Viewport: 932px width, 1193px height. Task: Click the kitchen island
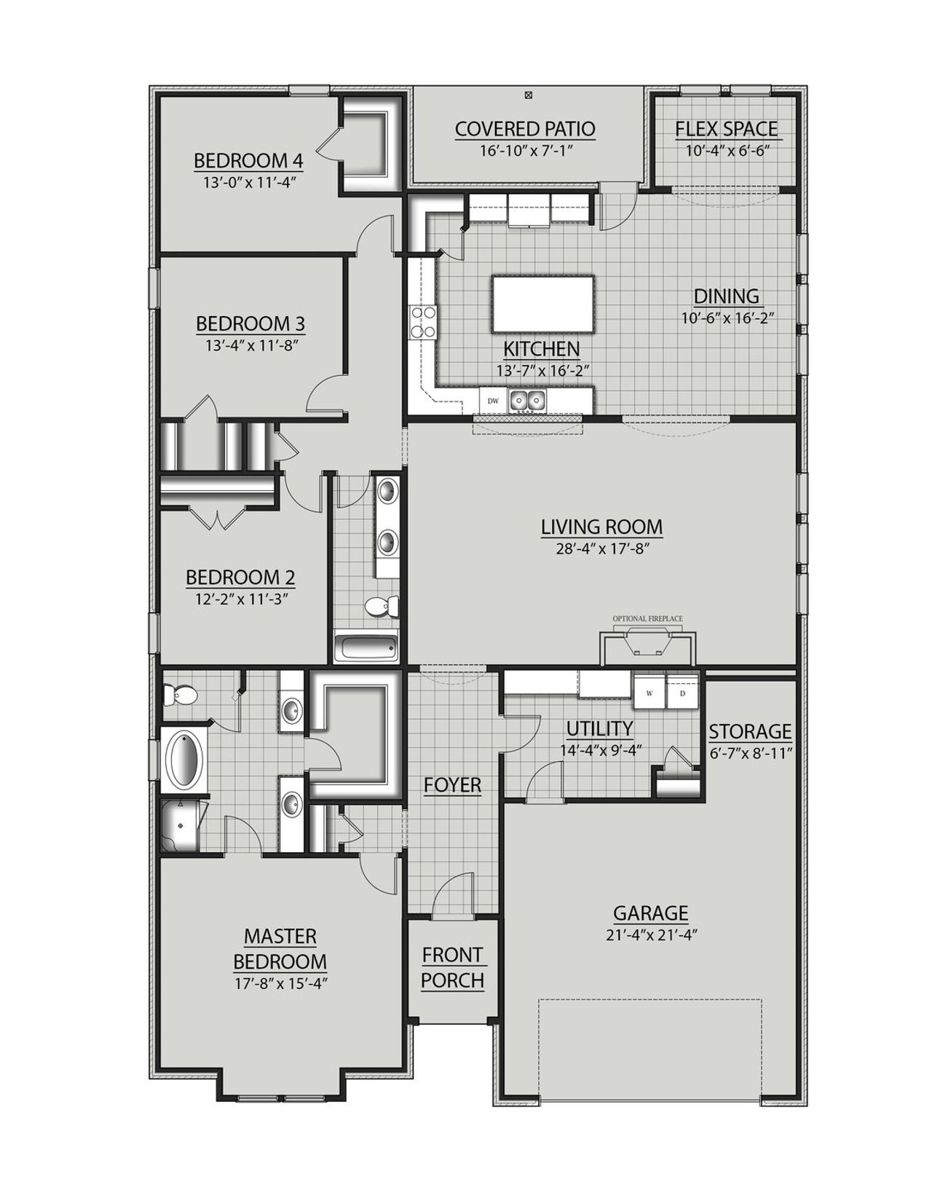[543, 303]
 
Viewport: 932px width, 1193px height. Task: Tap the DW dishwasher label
[493, 401]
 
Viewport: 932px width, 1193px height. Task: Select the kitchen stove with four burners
[423, 322]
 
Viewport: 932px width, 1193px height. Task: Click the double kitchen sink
[527, 400]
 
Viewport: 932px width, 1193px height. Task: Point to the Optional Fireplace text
[647, 618]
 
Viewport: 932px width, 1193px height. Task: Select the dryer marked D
[683, 693]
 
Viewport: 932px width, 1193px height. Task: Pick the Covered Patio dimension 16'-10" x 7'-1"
[525, 151]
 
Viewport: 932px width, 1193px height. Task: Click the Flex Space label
[726, 129]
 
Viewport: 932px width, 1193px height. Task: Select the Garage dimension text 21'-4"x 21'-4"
[649, 935]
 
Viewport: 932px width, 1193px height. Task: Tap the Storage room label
[750, 731]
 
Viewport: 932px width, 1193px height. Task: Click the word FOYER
[452, 784]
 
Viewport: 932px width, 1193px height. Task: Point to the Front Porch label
[452, 967]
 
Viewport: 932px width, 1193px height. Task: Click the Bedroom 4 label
[248, 160]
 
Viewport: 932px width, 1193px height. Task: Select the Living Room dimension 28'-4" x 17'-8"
[601, 548]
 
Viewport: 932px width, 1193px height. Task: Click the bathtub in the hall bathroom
[366, 647]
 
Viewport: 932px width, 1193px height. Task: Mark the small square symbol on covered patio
[529, 95]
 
